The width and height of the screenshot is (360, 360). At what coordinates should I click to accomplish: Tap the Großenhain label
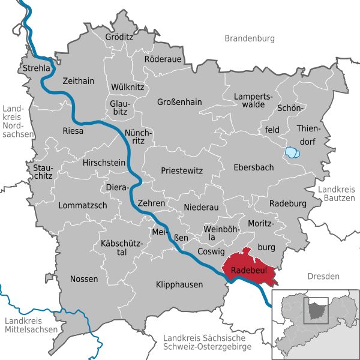click(180, 102)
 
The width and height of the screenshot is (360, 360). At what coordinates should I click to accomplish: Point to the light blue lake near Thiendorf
click(292, 152)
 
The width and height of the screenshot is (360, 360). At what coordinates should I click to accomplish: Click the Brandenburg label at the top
click(250, 38)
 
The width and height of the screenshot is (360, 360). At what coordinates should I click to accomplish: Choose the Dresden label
click(323, 276)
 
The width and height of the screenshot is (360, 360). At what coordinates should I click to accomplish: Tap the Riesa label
click(73, 130)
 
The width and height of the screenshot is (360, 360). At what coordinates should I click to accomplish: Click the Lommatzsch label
click(83, 205)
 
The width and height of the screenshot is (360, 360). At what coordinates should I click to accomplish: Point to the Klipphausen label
click(179, 284)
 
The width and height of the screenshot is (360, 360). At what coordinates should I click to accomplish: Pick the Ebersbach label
click(254, 167)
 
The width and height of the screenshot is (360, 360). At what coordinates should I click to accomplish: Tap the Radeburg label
click(288, 204)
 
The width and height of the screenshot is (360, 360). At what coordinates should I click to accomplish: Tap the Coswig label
click(211, 252)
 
